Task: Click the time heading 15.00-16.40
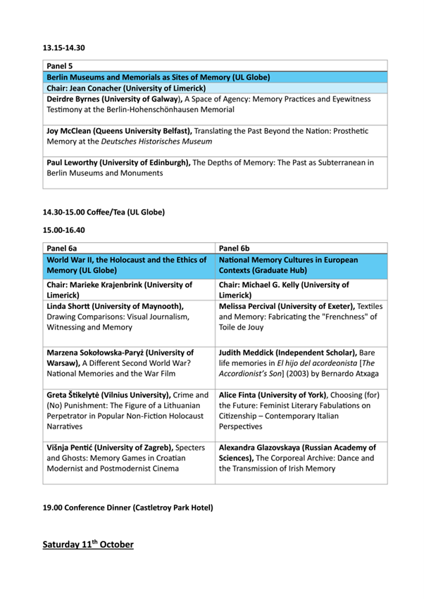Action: [x=63, y=229]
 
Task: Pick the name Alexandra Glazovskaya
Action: [x=273, y=446]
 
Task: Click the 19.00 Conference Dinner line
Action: [x=127, y=507]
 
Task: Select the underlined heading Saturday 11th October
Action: [x=87, y=545]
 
